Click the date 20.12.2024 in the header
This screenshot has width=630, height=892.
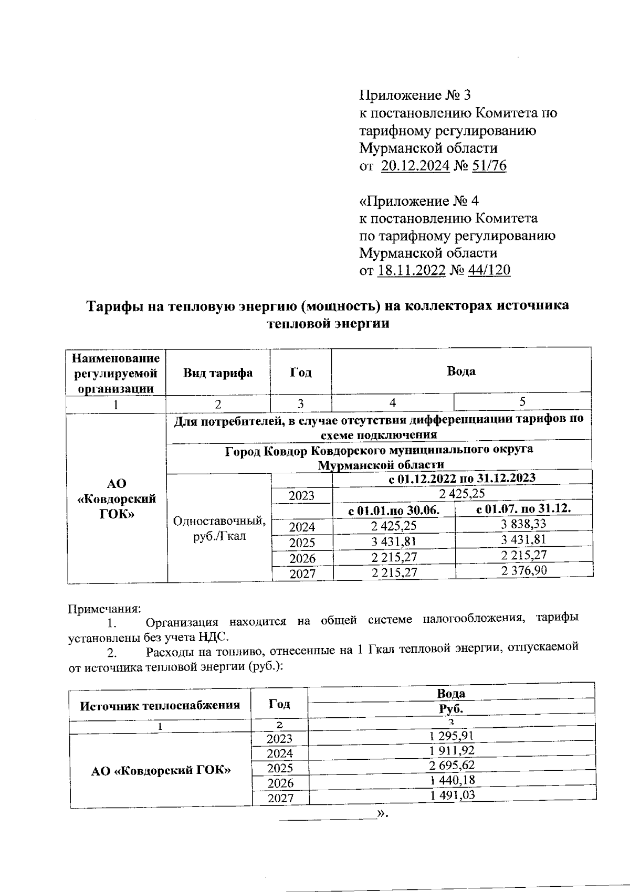click(x=415, y=166)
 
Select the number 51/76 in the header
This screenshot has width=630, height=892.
click(x=489, y=166)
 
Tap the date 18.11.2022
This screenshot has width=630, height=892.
click(x=412, y=271)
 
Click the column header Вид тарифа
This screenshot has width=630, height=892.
click(x=218, y=373)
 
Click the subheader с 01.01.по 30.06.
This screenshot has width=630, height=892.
click(x=394, y=510)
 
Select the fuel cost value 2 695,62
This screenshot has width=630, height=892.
click(x=452, y=765)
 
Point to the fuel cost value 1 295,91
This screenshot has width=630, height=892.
click(x=452, y=736)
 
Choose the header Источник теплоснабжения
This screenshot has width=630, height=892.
click(x=160, y=705)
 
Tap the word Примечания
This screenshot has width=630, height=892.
click(x=104, y=609)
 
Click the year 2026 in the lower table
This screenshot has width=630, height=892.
click(x=280, y=783)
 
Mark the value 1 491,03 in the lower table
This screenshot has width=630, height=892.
click(x=452, y=795)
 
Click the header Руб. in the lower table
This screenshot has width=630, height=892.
click(x=451, y=709)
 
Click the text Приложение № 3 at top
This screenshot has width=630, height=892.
click(x=415, y=95)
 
